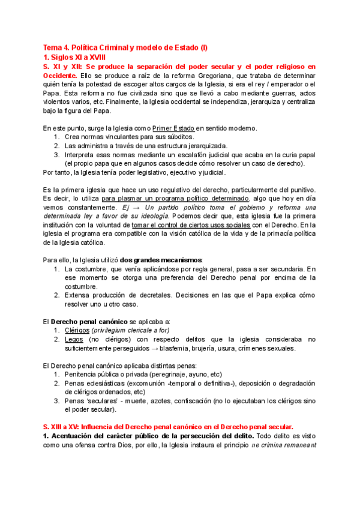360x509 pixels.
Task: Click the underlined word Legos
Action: point(75,339)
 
